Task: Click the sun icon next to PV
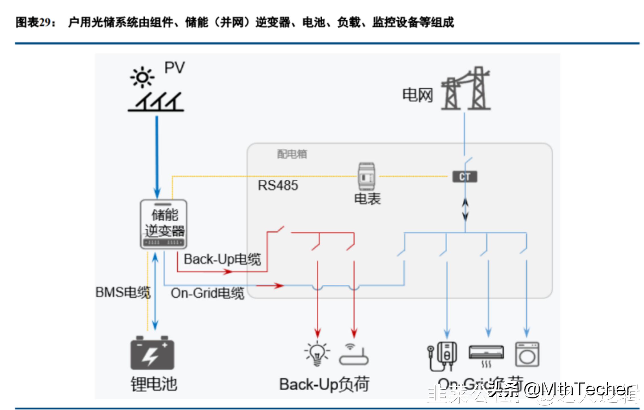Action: coord(142,77)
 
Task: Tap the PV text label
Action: coord(174,68)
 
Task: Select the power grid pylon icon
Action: coord(466,89)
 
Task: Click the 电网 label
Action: coord(417,95)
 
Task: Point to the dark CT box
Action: coord(465,177)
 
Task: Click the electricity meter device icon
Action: coord(366,177)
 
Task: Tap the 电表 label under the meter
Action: coord(367,198)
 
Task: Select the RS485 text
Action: coord(278,185)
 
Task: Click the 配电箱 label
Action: coord(292,154)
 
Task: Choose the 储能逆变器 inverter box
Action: coord(164,224)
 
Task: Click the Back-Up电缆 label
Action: coord(222,259)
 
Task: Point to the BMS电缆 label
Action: coord(123,292)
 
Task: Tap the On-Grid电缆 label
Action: coord(207,293)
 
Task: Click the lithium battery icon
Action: coord(152,353)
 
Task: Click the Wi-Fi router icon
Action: coord(354,356)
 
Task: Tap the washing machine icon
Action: coord(527,354)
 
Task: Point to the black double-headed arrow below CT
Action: coord(465,210)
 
